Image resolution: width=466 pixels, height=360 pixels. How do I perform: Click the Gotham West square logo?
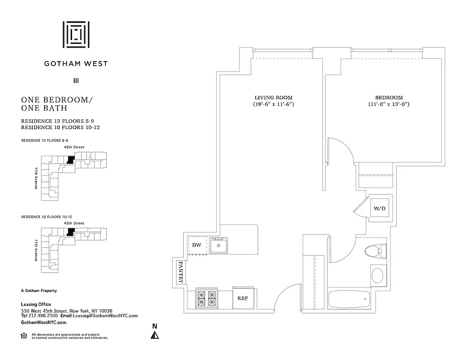click(76, 34)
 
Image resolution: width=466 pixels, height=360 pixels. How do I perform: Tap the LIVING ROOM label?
click(273, 98)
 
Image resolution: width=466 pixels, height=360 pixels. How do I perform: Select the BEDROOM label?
click(389, 98)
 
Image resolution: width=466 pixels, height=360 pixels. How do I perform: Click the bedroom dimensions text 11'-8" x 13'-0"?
click(389, 104)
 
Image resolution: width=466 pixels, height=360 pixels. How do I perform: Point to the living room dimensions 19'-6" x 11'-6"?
click(273, 104)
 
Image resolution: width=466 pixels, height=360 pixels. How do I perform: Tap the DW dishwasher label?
click(196, 245)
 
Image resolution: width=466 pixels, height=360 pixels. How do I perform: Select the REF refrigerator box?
click(243, 298)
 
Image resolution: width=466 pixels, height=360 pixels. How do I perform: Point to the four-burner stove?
click(207, 298)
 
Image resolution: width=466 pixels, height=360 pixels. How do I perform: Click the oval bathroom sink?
click(377, 274)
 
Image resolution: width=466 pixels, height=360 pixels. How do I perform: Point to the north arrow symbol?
click(154, 334)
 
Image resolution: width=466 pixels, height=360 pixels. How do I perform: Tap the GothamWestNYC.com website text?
click(44, 323)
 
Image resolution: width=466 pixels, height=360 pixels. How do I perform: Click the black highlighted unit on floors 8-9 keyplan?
click(70, 159)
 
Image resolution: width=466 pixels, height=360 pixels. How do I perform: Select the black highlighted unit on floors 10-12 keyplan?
click(70, 232)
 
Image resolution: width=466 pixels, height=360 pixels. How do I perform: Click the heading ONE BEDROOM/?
click(57, 99)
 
